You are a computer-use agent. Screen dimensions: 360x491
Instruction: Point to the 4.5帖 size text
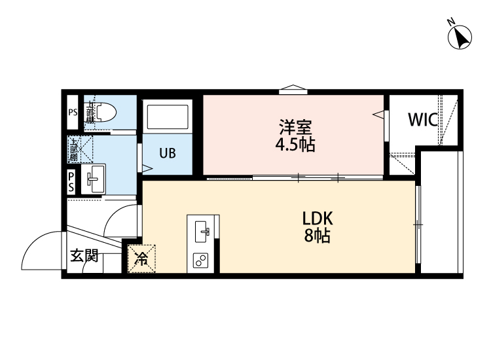pos(295,145)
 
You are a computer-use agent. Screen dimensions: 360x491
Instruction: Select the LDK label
pos(318,219)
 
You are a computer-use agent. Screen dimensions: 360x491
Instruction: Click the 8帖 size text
pos(318,236)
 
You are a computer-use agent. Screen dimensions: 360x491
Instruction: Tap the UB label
pos(168,154)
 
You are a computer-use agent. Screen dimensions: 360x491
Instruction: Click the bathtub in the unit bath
pos(168,117)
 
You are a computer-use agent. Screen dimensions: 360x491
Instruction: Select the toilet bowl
pos(104,113)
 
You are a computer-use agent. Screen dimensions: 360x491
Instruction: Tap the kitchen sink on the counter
pos(202,230)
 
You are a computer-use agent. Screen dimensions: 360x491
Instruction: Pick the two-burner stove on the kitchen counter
pos(201,261)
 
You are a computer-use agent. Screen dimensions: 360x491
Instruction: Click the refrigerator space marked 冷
pos(141,258)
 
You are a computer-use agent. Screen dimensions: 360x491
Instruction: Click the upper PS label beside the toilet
pos(73,113)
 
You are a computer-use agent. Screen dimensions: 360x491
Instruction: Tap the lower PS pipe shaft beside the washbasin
pos(71,181)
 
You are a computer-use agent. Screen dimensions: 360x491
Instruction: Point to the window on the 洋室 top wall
pos(293,91)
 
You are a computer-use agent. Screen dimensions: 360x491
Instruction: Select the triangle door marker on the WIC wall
pos(379,115)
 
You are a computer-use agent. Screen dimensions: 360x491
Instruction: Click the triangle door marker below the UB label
pos(147,168)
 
